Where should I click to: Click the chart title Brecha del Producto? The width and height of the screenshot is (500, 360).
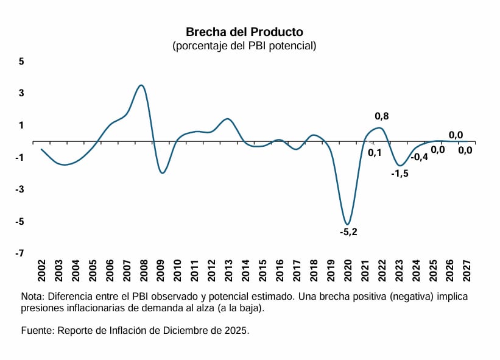point(244,32)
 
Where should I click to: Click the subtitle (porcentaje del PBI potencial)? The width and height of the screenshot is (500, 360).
point(244,46)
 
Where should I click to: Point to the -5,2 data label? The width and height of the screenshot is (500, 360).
point(348,232)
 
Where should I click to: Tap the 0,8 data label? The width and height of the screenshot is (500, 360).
point(382,116)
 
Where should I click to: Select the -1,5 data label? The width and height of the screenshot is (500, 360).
point(400,174)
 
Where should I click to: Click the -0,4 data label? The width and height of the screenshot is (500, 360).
point(420,157)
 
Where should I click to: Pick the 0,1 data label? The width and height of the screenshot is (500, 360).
point(375,153)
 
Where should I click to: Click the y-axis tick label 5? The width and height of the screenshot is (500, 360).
point(21,62)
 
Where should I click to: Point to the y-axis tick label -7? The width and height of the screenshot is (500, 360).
point(19,253)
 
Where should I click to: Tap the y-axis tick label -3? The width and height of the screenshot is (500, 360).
point(19,189)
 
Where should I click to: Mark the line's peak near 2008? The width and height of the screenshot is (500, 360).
point(141,85)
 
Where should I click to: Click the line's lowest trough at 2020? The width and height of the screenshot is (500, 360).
point(347,224)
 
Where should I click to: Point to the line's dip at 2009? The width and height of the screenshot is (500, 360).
point(162,173)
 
